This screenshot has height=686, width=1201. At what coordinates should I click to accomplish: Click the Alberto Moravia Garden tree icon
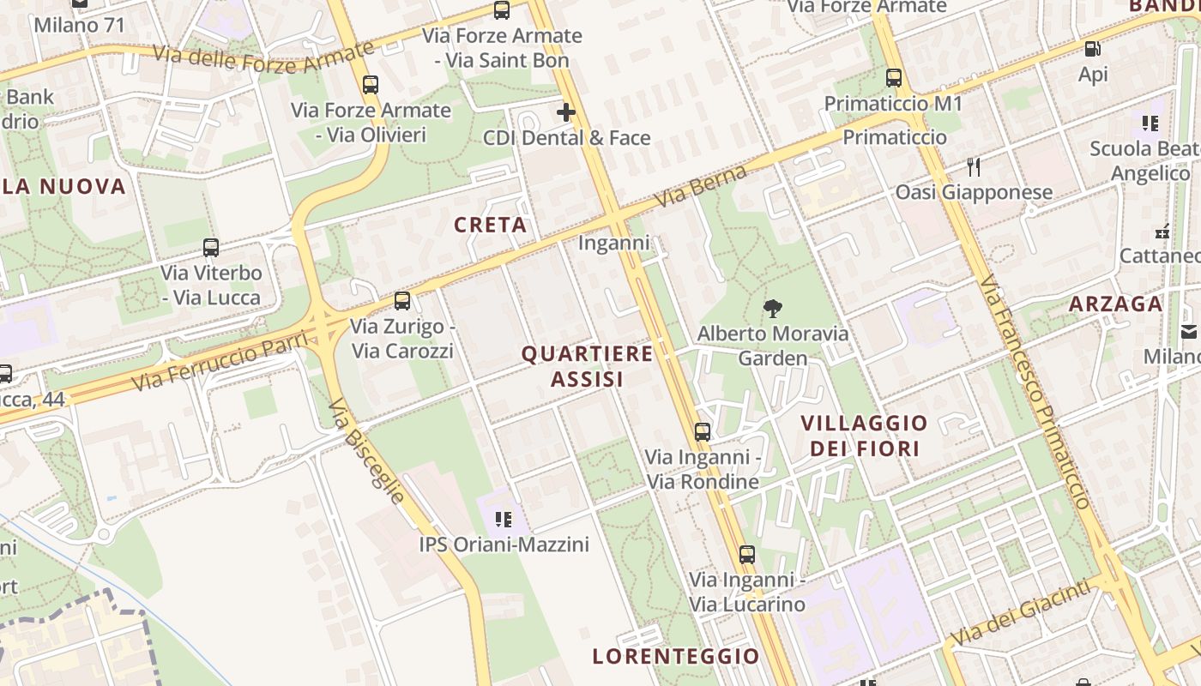point(773,308)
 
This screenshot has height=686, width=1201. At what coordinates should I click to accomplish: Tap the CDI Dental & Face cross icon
point(566,112)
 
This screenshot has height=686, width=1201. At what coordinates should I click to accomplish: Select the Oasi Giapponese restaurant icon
point(973,166)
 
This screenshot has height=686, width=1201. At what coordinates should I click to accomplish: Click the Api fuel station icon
point(1092,50)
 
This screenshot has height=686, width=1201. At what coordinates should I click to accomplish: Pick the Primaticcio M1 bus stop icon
point(894,78)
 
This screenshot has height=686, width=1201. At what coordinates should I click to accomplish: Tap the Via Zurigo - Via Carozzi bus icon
point(402,301)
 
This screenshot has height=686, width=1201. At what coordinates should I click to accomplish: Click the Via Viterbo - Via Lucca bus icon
point(211,248)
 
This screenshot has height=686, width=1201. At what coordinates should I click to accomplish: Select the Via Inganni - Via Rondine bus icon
point(703,431)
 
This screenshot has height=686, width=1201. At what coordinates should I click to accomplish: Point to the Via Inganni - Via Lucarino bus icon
point(747,555)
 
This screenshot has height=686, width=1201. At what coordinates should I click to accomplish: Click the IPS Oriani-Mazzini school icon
point(504,519)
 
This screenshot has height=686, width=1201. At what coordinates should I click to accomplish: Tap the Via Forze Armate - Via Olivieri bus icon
point(371,85)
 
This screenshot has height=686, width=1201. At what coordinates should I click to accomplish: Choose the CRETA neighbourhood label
point(490,225)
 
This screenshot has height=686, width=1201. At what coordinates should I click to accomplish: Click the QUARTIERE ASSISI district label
point(588,366)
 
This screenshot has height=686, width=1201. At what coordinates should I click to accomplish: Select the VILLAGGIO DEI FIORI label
point(865,436)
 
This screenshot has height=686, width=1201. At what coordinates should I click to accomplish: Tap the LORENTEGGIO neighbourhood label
point(676,657)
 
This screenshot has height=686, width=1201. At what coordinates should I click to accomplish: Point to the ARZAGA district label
point(1115,304)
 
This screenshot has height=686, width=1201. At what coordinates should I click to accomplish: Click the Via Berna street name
point(701,185)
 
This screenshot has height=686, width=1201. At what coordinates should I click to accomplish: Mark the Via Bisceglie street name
point(366,450)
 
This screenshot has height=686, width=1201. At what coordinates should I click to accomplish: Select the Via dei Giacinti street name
point(1022,614)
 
